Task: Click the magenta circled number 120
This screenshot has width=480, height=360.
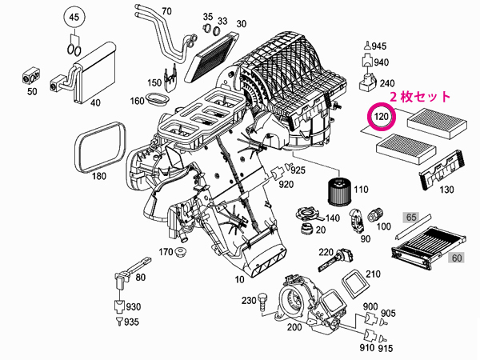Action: (382, 118)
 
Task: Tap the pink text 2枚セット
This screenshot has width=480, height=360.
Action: (420, 95)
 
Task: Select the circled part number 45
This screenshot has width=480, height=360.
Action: (73, 18)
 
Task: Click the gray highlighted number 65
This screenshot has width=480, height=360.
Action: (411, 217)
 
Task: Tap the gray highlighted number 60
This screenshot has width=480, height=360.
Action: (457, 258)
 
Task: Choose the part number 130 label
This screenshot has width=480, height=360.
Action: (447, 189)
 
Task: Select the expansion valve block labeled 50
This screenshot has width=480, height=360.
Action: (32, 76)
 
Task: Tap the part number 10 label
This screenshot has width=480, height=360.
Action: (238, 280)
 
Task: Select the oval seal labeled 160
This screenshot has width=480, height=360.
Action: (158, 101)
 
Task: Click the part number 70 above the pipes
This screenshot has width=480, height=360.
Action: (166, 11)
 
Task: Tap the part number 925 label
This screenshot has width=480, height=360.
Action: (298, 170)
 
